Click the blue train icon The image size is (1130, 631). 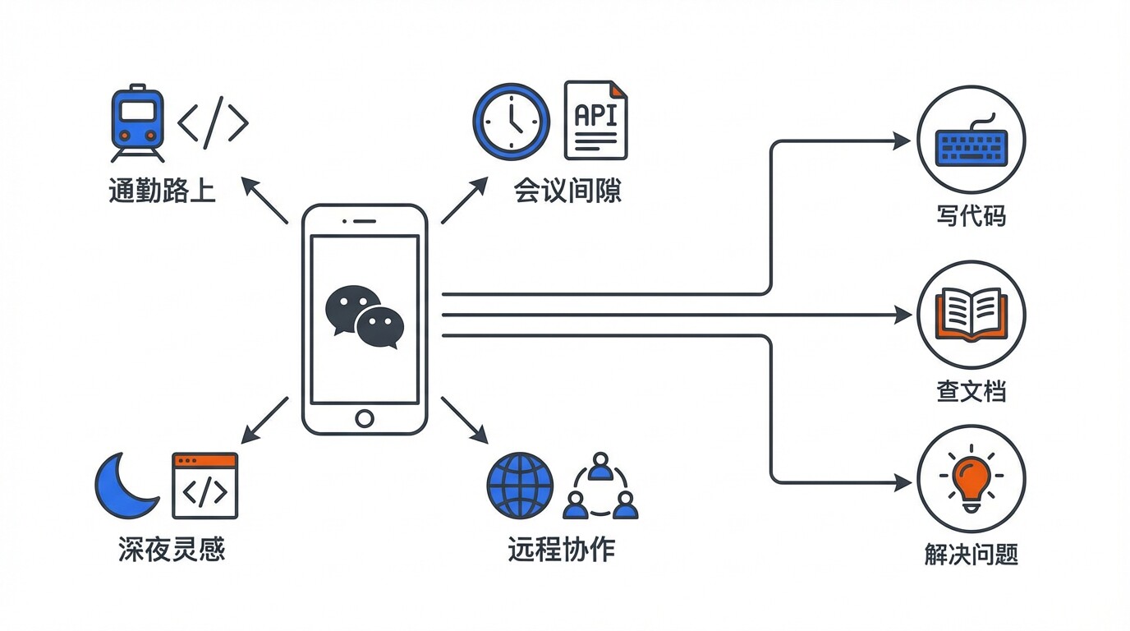pos(137,122)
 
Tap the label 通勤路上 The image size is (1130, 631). pos(162,191)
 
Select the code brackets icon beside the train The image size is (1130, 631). pos(213,122)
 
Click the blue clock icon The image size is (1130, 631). pos(511,122)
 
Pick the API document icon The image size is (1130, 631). pos(595,120)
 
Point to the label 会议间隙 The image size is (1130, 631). pos(567,191)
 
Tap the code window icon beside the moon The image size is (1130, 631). pos(204,486)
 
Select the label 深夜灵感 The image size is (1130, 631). pos(172,550)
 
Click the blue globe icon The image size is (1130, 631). pos(520,486)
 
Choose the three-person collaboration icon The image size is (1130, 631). pos(601,486)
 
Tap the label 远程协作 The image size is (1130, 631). pos(561,550)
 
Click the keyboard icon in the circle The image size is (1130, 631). pos(971,140)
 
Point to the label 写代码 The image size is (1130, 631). pos(971,216)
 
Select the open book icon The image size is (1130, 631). pos(971,315)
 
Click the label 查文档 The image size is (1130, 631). pos(971,391)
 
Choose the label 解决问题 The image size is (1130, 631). pos(971,555)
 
